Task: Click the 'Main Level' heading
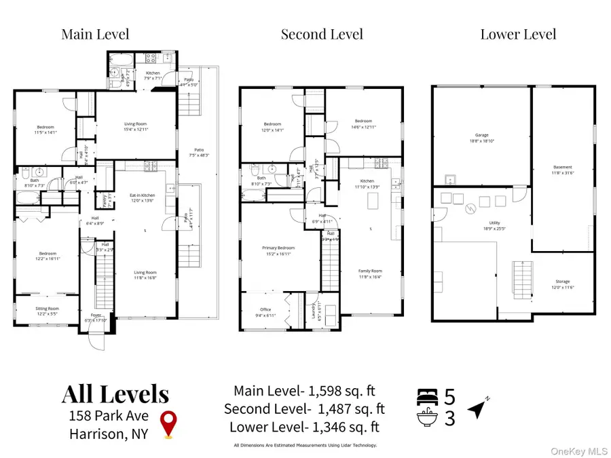[95, 34]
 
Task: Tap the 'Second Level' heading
[322, 34]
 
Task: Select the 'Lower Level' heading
[518, 34]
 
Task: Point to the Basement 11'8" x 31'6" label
[563, 170]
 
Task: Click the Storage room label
[562, 284]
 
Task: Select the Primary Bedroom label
[279, 251]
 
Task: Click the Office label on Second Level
[265, 312]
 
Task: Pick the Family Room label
[371, 273]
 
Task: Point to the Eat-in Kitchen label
[143, 198]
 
